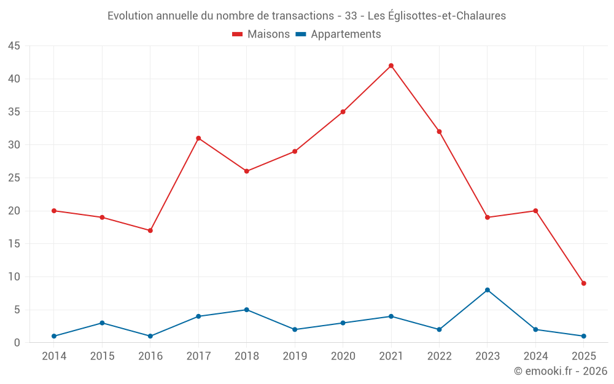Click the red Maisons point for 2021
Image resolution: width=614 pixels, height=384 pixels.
(x=391, y=66)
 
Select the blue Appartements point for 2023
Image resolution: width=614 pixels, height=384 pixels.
(x=488, y=290)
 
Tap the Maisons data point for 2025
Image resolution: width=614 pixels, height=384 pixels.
(x=584, y=283)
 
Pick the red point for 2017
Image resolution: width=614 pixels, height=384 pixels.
(x=198, y=138)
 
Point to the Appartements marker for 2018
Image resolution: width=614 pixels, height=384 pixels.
(x=246, y=310)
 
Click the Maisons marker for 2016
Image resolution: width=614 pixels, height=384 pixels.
(x=150, y=230)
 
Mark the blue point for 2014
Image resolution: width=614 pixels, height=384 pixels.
(x=54, y=336)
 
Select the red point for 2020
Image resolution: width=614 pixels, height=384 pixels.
(x=343, y=112)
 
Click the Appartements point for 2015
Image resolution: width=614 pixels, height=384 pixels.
(x=102, y=323)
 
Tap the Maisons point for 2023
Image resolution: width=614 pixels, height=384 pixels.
(x=488, y=217)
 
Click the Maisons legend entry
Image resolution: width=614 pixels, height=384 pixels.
(x=261, y=34)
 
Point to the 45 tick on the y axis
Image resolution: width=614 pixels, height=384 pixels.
(x=14, y=46)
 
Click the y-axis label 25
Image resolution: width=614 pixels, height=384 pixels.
(x=14, y=178)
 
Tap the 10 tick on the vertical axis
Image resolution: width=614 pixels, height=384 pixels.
(x=14, y=277)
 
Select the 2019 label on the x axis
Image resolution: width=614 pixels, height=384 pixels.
(x=295, y=356)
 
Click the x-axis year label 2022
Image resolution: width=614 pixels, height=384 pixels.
(x=439, y=356)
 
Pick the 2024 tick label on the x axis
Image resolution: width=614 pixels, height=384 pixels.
(x=535, y=356)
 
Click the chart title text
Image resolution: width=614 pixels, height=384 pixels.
(x=306, y=16)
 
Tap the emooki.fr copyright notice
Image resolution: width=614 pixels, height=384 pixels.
(x=561, y=371)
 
